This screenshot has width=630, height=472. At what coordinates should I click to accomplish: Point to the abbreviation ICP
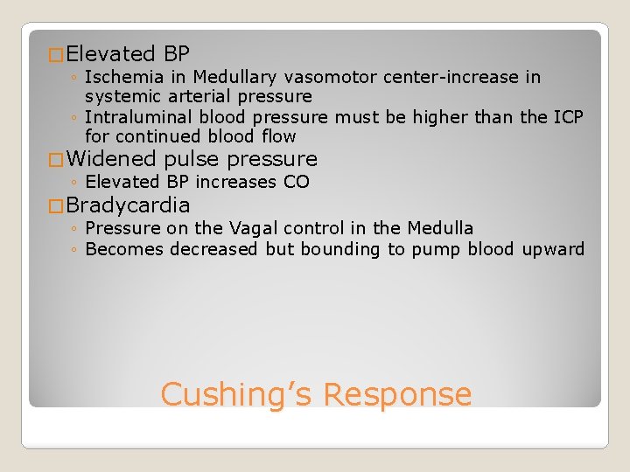coord(566,117)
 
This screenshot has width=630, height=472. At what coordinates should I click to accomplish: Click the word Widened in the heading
coord(110,159)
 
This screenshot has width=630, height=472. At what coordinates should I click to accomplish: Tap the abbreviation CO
coord(297,182)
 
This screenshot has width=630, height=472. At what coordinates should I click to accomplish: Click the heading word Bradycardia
coord(128,205)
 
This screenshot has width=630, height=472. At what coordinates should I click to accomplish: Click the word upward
coord(553,249)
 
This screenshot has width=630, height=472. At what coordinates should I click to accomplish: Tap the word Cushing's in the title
coord(237,394)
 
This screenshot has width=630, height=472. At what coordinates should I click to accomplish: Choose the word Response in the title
coord(397,394)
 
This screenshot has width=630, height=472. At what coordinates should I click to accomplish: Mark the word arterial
coord(194,96)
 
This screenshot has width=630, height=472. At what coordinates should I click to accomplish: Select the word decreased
coord(214,249)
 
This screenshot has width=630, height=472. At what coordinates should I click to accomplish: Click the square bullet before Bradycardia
coord(57,207)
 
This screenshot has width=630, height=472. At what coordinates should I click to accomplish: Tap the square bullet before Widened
coord(57,161)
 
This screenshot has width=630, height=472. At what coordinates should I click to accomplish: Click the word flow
coord(277,136)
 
